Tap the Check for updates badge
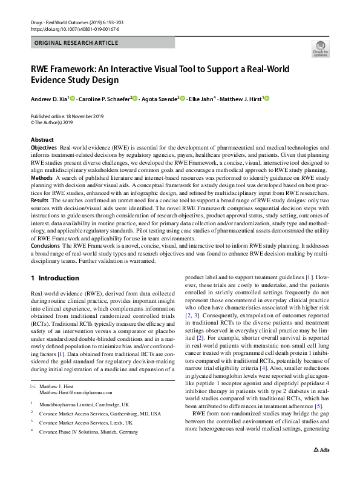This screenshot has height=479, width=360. click(x=319, y=48)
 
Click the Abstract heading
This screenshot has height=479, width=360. click(x=42, y=140)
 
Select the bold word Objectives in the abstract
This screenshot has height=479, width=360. click(x=44, y=148)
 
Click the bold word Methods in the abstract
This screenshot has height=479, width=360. click(x=41, y=178)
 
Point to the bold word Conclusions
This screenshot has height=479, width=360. click(x=46, y=246)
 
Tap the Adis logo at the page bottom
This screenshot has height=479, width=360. click(x=321, y=467)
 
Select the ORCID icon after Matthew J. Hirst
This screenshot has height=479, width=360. click(x=266, y=99)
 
